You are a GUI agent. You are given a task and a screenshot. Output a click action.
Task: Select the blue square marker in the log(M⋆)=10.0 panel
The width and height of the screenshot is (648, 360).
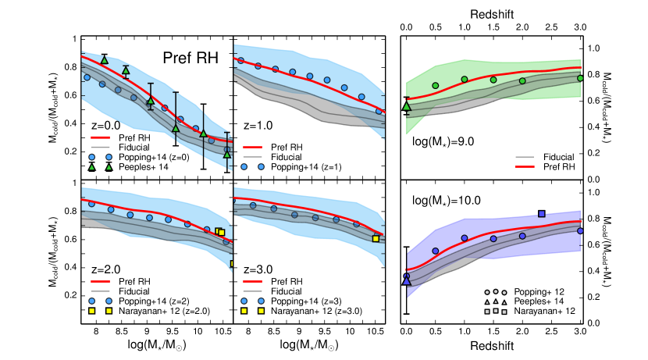(542, 214)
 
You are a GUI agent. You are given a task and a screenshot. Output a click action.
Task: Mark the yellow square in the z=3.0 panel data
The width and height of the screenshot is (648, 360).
(376, 239)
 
